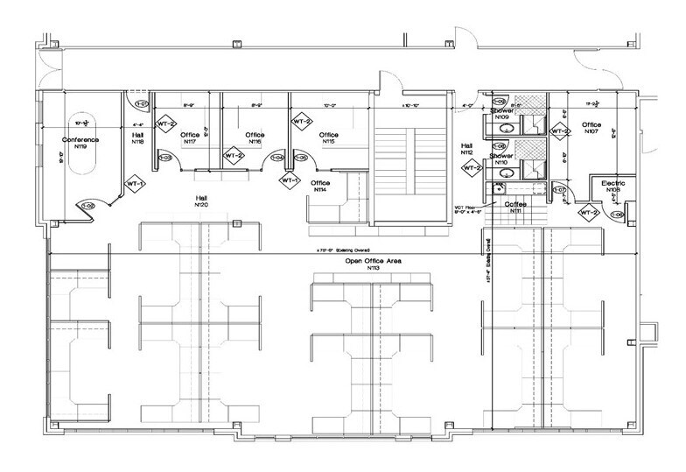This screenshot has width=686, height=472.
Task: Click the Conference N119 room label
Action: (x=80, y=143)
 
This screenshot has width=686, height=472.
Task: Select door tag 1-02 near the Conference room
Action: (x=87, y=206)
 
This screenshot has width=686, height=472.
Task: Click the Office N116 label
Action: (x=255, y=137)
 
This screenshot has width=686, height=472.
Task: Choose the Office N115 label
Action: (x=329, y=137)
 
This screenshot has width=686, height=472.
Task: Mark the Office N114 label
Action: (x=319, y=187)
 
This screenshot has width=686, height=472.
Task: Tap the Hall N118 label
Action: (x=138, y=138)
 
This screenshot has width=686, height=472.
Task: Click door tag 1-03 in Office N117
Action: (x=166, y=158)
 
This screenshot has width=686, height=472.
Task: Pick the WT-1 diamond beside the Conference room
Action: (x=134, y=185)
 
